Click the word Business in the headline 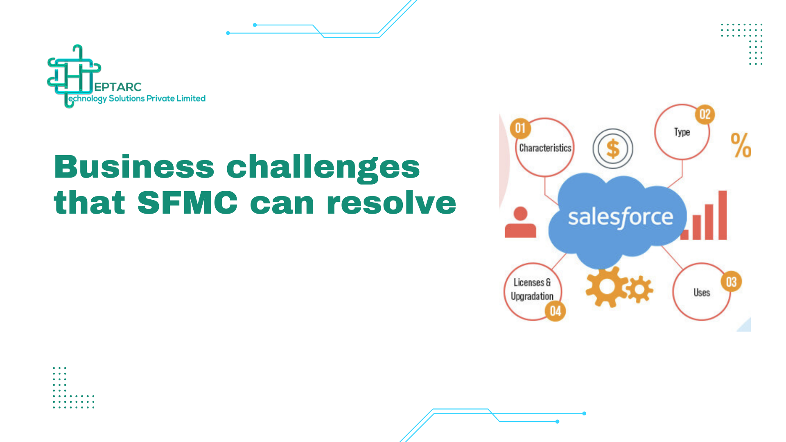tap(134, 167)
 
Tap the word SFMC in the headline tap(187, 203)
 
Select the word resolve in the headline tap(391, 203)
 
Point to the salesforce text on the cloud tap(620, 217)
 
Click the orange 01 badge tap(520, 128)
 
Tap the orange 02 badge tap(705, 114)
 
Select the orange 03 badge tap(731, 282)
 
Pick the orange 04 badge tap(555, 311)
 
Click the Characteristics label tap(545, 148)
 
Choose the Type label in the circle tap(682, 132)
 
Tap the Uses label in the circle tap(702, 292)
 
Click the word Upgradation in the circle tap(532, 296)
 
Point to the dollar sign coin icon tap(613, 149)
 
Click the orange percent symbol tap(741, 145)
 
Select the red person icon tap(520, 223)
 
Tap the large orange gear tap(606, 286)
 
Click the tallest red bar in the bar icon tap(723, 215)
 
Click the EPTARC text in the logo tap(118, 87)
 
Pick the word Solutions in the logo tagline tap(126, 99)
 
